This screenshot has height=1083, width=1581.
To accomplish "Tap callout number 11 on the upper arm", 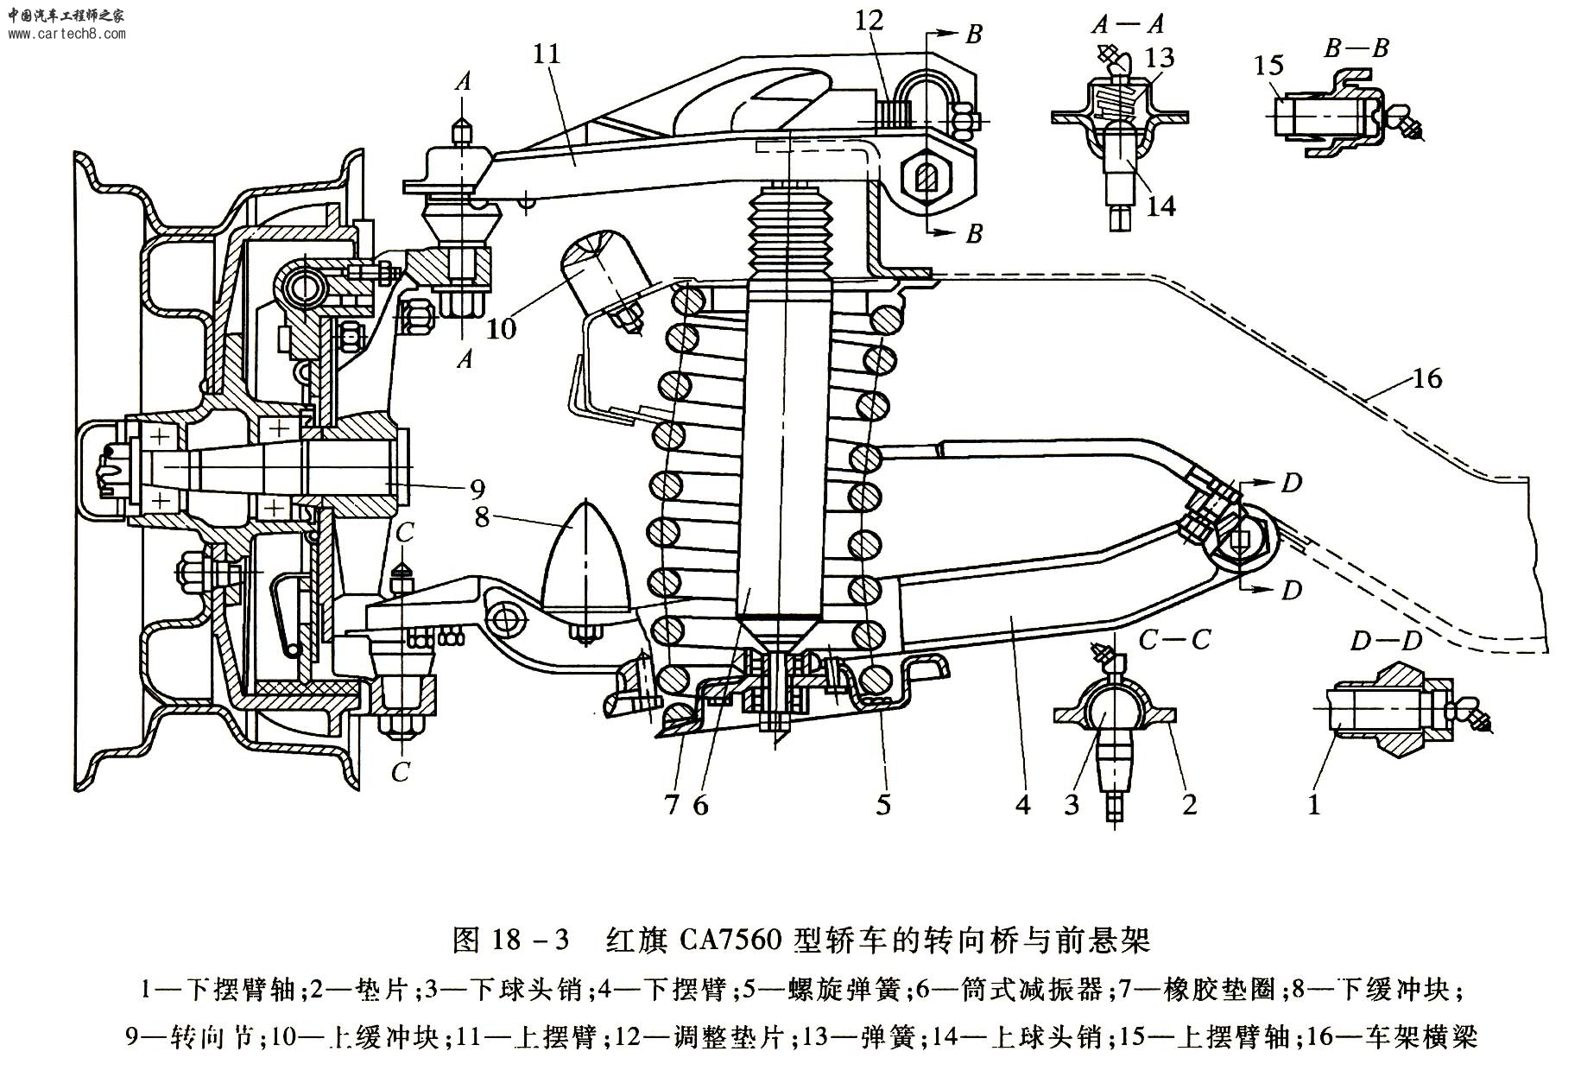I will click(x=547, y=54).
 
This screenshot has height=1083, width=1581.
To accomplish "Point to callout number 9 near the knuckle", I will click(x=477, y=490).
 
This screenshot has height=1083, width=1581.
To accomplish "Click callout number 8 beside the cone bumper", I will click(x=482, y=516).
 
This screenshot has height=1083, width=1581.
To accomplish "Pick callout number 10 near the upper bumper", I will click(x=502, y=328).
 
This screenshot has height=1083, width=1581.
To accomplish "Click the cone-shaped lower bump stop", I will click(x=586, y=561).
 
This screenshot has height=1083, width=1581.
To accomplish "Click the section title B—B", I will click(x=1356, y=47).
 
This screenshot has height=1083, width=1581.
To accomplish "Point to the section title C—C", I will click(x=1174, y=640).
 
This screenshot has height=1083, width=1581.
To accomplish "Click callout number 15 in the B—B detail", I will click(x=1270, y=65).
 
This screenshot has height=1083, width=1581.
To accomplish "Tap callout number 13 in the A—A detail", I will click(x=1160, y=58).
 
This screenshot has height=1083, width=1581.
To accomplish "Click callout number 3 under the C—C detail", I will click(x=1072, y=805).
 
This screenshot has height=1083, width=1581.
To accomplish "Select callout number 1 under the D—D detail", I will click(x=1314, y=805).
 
